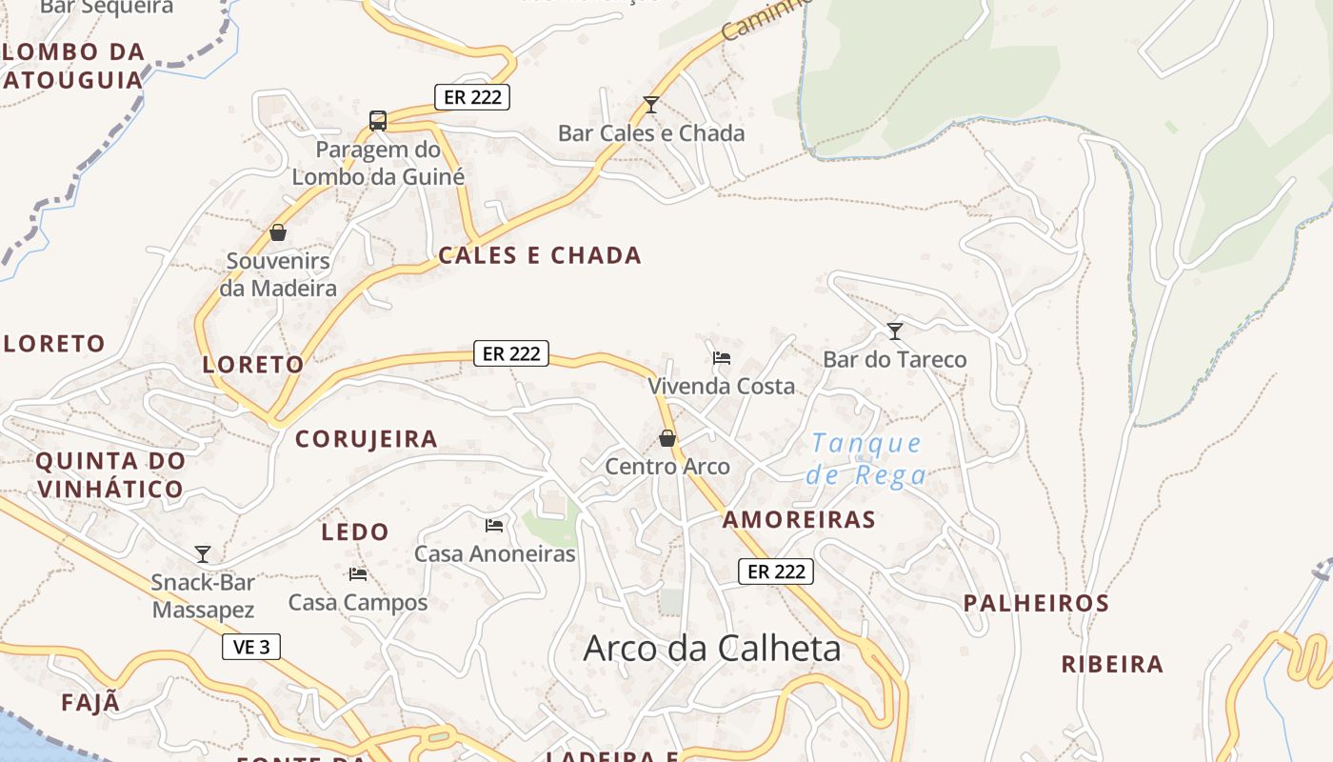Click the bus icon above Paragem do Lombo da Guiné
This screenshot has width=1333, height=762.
click(378, 121)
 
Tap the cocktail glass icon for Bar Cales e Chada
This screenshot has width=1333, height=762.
click(651, 104)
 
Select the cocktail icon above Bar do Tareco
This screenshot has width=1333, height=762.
click(895, 331)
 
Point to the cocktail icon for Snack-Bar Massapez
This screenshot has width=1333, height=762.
click(202, 553)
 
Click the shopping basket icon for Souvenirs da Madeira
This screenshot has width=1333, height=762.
click(278, 232)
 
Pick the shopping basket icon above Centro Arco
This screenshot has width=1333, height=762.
click(667, 438)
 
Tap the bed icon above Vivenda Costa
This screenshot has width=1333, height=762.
click(722, 358)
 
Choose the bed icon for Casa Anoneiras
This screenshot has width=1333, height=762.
click(494, 525)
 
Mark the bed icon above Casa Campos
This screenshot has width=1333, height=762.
click(358, 573)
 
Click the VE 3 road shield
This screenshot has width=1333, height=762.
click(251, 647)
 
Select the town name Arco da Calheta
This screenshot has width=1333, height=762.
click(712, 649)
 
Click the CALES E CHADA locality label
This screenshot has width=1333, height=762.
click(540, 255)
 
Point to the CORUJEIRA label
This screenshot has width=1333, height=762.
click(367, 439)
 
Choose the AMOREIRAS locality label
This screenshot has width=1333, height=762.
click(799, 519)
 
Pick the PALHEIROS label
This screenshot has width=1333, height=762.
click(1036, 603)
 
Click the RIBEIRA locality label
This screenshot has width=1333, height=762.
click(1112, 664)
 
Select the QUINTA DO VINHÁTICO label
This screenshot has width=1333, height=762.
click(109, 474)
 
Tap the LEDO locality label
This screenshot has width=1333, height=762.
click(355, 531)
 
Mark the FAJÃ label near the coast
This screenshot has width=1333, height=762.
click(91, 703)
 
